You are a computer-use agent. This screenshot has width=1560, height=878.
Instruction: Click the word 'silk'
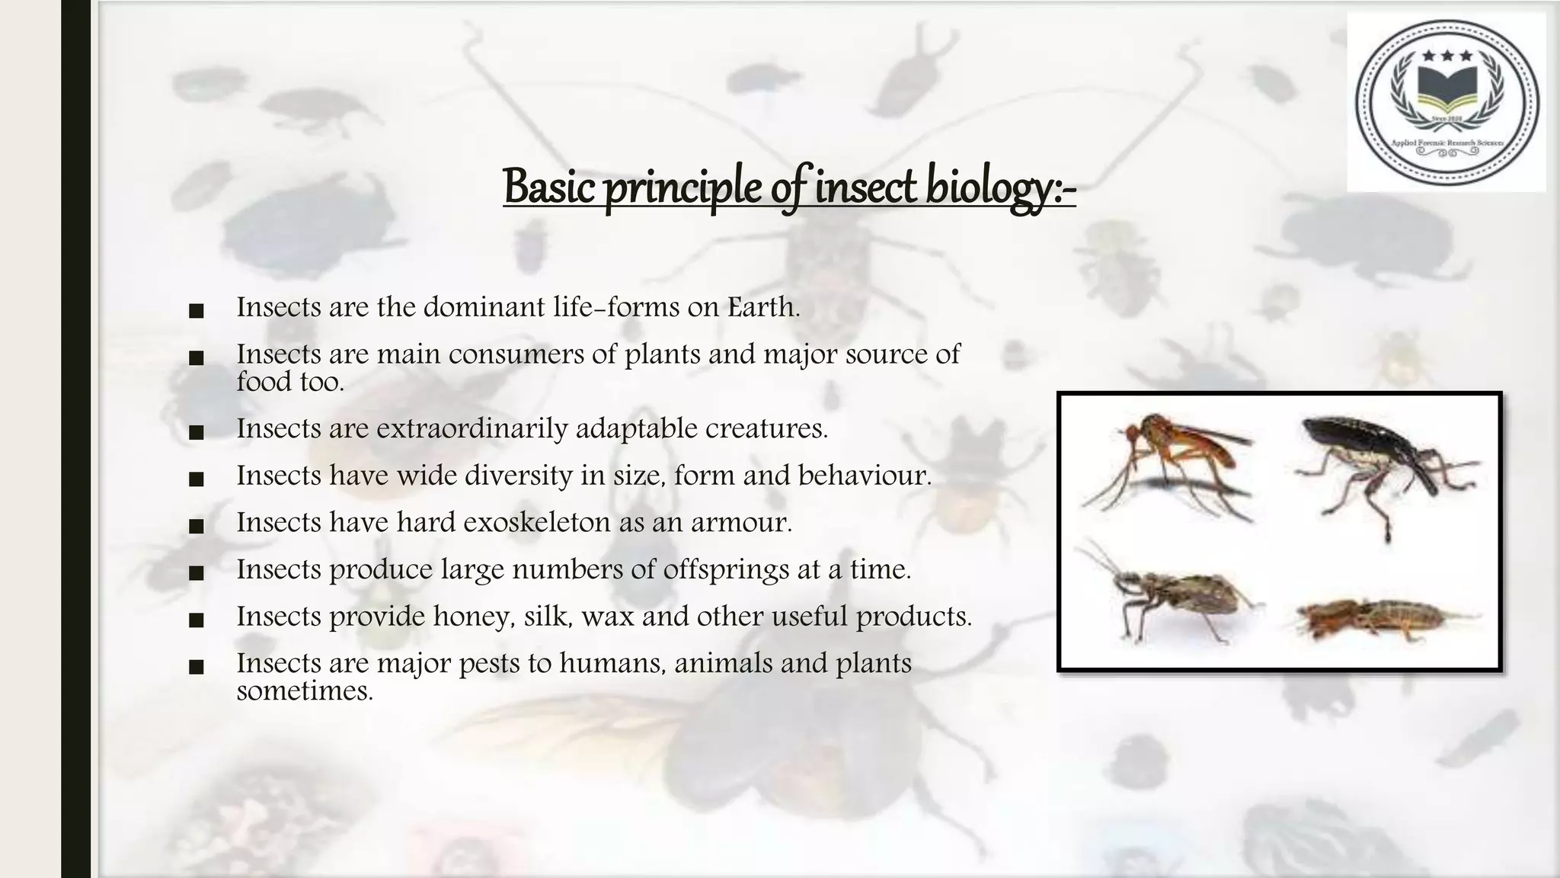pos(547,616)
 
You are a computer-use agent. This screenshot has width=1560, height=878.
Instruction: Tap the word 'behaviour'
pos(865,476)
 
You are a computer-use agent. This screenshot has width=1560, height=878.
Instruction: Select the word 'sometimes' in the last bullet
pos(304,691)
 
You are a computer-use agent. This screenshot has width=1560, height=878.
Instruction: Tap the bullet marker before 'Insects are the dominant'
pos(196,311)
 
